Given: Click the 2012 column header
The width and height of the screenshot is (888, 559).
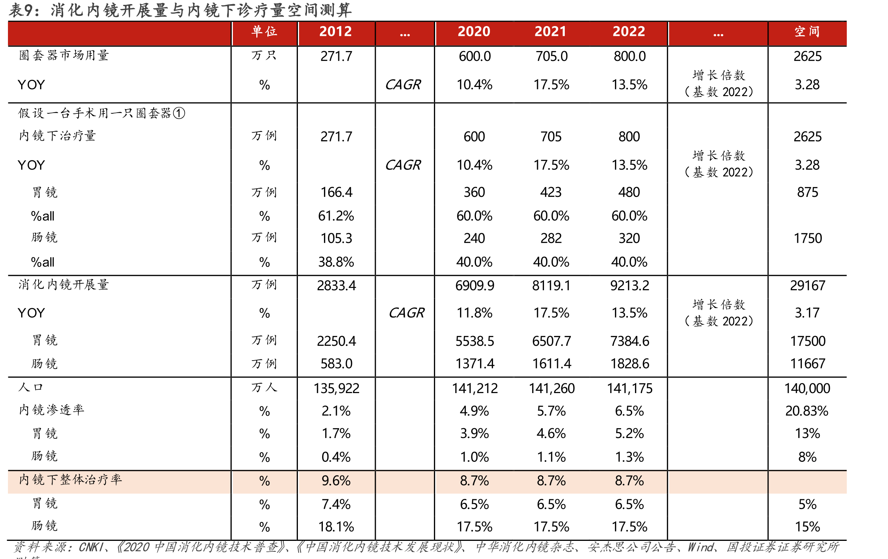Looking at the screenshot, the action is [x=335, y=31].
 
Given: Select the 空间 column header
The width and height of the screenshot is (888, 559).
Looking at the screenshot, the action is [x=807, y=31].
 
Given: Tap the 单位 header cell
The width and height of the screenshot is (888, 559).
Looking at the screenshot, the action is [x=264, y=31].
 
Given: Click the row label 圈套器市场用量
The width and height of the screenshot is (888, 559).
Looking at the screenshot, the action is [x=64, y=56].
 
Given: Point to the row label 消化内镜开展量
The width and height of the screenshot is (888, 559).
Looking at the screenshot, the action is [x=64, y=285].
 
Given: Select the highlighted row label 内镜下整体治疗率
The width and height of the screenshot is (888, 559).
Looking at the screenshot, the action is [x=70, y=480].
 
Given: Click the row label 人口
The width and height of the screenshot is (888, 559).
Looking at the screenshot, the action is [x=31, y=387].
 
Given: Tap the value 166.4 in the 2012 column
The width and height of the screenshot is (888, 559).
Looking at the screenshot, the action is [x=336, y=192].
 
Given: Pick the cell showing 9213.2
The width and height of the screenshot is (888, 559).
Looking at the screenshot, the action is [x=629, y=286].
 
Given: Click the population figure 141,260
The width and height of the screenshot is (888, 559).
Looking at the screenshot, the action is [x=552, y=389].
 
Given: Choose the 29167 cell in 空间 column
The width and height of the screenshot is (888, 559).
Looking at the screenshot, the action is [x=807, y=286].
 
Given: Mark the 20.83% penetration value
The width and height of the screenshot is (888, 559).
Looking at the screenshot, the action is [x=807, y=411].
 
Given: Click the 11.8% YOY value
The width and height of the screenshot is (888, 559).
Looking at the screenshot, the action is [x=474, y=313].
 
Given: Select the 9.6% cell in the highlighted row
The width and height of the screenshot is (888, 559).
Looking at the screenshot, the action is [x=336, y=481].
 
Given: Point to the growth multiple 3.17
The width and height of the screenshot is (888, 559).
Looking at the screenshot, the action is [x=807, y=313].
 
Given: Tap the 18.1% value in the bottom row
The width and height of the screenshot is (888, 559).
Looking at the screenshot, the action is [x=336, y=527].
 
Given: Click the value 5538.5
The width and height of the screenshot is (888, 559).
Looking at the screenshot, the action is [x=474, y=341].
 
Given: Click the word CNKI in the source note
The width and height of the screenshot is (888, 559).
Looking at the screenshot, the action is [x=91, y=547].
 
